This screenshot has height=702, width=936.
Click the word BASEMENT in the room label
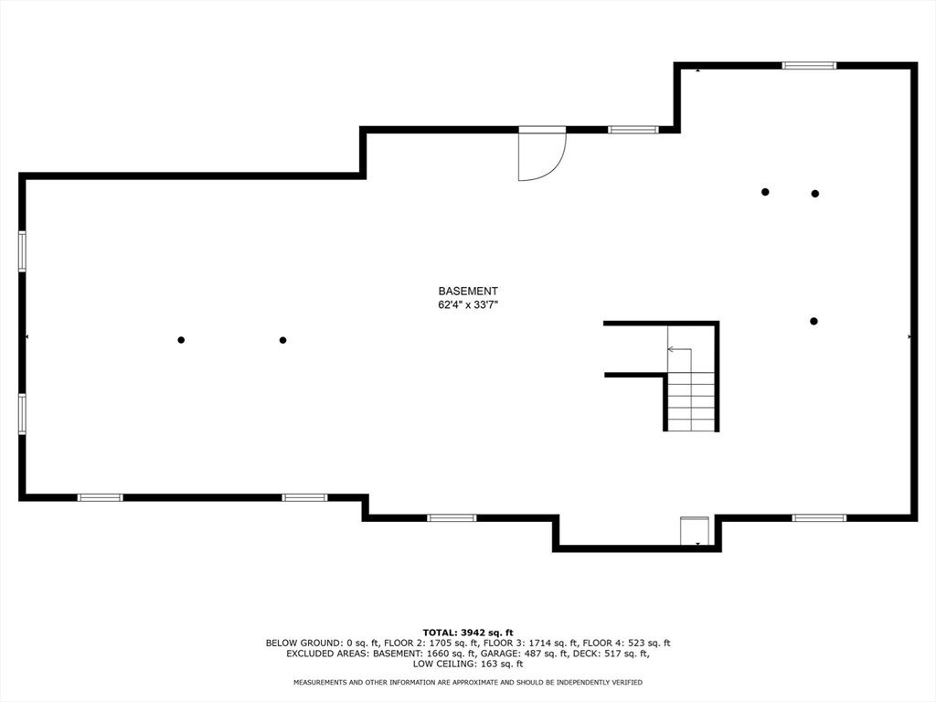click(468, 292)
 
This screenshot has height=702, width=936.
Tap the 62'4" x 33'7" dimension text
click(468, 305)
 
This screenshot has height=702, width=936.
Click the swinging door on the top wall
click(542, 154)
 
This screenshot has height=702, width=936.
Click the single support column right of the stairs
click(814, 321)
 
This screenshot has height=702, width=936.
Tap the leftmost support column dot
click(181, 340)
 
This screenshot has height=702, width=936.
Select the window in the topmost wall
click(809, 66)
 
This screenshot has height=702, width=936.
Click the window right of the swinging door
click(633, 130)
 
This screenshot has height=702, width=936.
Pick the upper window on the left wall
click(22, 251)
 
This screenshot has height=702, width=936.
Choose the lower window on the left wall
click(22, 414)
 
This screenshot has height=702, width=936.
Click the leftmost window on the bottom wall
click(100, 497)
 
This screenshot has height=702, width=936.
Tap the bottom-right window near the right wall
click(819, 517)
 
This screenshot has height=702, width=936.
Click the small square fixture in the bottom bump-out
click(695, 531)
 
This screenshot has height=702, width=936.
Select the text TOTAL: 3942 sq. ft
click(468, 633)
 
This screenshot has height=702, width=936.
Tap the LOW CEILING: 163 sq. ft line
click(468, 664)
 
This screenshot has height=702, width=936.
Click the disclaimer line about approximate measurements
click(468, 682)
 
